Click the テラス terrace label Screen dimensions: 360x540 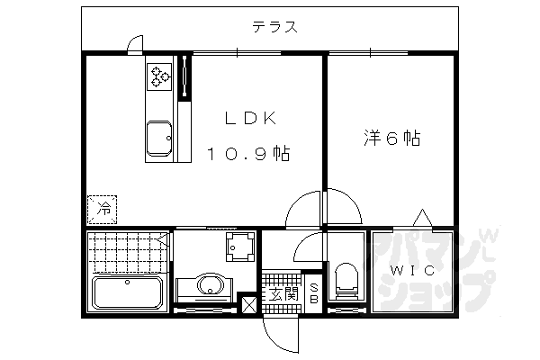[x=275, y=27]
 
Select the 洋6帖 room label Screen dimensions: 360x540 [x=392, y=139]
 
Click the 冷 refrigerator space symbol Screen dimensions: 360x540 [x=102, y=210]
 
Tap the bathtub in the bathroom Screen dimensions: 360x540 [x=128, y=292]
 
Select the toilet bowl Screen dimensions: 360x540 [x=345, y=279]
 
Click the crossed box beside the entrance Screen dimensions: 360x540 [x=247, y=304]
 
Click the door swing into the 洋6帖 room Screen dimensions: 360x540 [x=339, y=205]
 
